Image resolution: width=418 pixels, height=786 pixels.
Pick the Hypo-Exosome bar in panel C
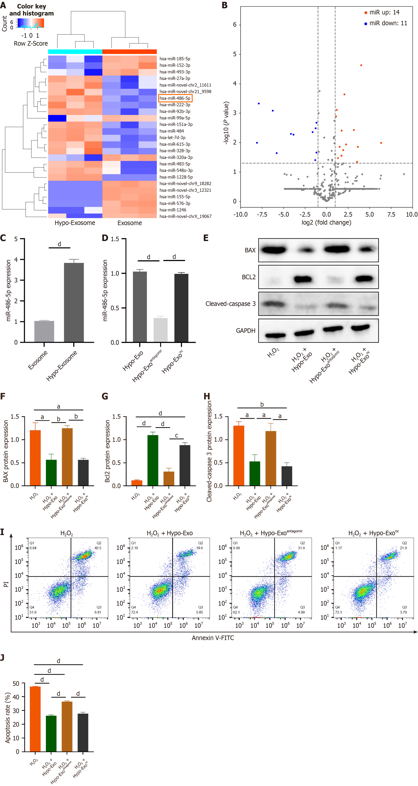coord(74,302)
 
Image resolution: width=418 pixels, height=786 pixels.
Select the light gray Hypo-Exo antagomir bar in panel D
coord(161,330)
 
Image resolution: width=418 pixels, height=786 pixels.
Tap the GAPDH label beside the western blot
coord(246,331)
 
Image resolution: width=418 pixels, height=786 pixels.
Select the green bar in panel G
coord(153,460)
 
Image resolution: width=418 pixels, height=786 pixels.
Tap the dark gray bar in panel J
coord(83,732)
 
